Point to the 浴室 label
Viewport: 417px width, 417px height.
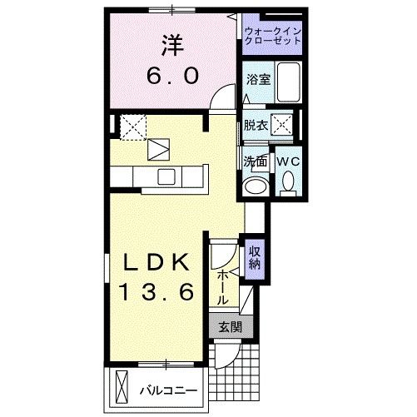click(257, 81)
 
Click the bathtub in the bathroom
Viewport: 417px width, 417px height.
click(287, 83)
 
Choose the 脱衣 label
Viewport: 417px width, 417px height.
click(256, 126)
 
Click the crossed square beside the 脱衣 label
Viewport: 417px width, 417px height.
click(285, 126)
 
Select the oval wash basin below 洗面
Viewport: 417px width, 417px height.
click(256, 186)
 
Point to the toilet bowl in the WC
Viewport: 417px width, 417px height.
click(289, 181)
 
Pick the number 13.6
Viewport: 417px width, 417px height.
click(156, 292)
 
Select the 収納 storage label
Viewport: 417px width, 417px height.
click(254, 256)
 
